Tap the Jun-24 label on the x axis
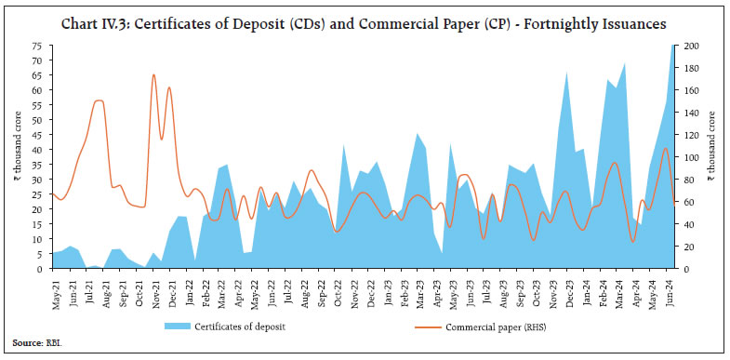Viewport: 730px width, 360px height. coord(673,287)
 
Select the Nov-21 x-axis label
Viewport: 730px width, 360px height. coord(154,287)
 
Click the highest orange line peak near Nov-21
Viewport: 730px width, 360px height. coord(153,75)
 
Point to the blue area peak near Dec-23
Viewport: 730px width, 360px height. coord(566,72)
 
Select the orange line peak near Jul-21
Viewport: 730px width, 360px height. coord(99,100)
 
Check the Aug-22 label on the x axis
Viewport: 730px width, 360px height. coord(305,287)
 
